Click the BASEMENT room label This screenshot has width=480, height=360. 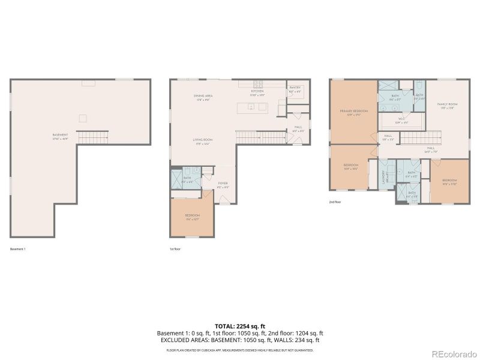pyautogui.click(x=60, y=135)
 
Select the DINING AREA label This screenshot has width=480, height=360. pyautogui.click(x=203, y=96)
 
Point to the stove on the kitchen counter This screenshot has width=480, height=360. pyautogui.click(x=259, y=84)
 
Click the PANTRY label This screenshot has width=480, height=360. pyautogui.click(x=295, y=88)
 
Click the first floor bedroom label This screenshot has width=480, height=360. pyautogui.click(x=192, y=215)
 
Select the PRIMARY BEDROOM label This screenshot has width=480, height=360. pyautogui.click(x=353, y=111)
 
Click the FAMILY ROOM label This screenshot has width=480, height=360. pyautogui.click(x=447, y=104)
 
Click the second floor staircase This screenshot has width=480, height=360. pyautogui.click(x=420, y=138)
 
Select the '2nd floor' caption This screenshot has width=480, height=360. pyautogui.click(x=335, y=202)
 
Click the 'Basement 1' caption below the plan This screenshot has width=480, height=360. pyautogui.click(x=19, y=248)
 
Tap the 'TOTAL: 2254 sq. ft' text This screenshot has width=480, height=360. pyautogui.click(x=239, y=326)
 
